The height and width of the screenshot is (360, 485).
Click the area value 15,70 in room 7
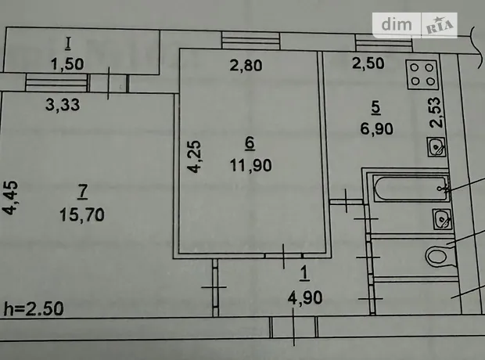point(82,214)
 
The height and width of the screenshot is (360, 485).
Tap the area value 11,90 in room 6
point(251,165)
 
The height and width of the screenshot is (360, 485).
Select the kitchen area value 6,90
point(376,128)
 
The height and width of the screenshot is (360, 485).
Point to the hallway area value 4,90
point(305,297)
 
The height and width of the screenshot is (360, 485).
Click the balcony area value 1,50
point(67,64)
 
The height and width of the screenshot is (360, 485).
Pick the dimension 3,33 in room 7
point(63,105)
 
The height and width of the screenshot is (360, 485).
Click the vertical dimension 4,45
point(10,197)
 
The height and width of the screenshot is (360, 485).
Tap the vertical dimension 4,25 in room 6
point(195,157)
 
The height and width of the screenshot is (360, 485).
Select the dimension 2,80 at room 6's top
point(246,65)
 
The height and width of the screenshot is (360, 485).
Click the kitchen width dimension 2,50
point(368,63)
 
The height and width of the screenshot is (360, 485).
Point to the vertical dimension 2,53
point(436,113)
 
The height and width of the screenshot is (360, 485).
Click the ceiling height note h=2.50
point(34,308)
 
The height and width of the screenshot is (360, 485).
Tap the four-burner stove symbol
point(422,74)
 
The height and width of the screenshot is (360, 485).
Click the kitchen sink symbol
point(436,146)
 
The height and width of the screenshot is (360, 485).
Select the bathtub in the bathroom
point(411,188)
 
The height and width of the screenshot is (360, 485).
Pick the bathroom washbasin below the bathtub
point(442,219)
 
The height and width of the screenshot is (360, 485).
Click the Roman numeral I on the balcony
point(68,44)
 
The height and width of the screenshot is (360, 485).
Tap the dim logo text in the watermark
point(397,25)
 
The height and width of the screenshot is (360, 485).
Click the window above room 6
point(251,41)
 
